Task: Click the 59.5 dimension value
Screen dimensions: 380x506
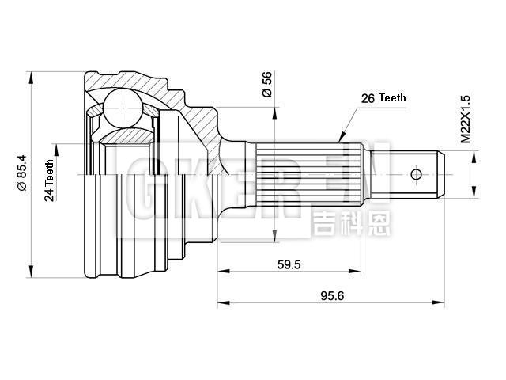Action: (289, 265)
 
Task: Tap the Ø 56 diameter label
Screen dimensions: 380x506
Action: (267, 85)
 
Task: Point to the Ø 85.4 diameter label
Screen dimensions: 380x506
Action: (22, 174)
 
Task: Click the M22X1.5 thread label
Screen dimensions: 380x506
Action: (466, 118)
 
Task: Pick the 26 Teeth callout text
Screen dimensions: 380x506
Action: (383, 98)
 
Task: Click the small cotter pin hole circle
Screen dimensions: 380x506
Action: (417, 173)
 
